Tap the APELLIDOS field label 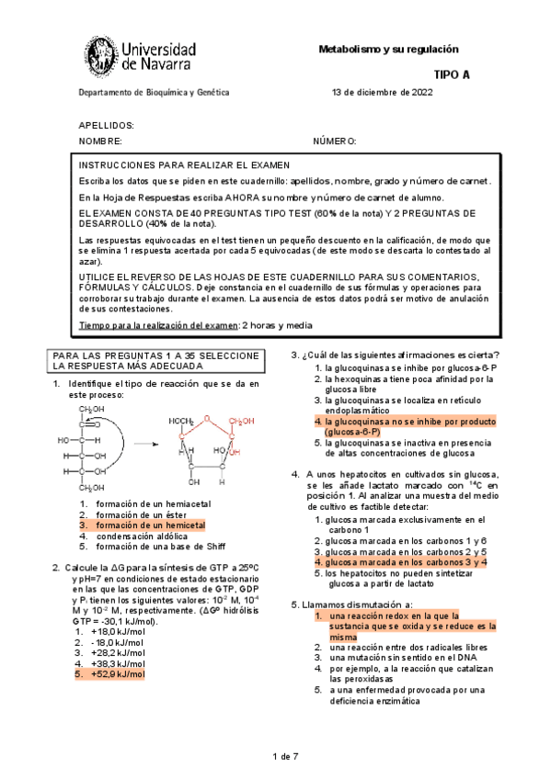(x=107, y=125)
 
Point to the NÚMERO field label (x=334, y=141)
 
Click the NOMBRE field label (x=100, y=141)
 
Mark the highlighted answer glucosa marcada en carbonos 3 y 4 (x=400, y=561)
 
